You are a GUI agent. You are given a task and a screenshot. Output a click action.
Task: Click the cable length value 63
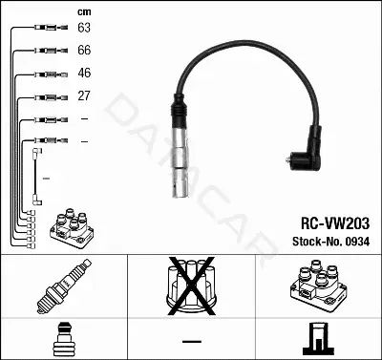coord(84,28)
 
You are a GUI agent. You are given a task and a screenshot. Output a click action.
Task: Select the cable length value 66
coord(84,50)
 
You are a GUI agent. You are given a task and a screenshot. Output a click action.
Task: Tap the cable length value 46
coord(84,73)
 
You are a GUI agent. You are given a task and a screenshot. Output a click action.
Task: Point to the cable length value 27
coord(84,95)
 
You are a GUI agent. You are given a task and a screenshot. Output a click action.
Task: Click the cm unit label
coord(84,12)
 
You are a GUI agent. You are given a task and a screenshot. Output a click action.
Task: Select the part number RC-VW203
coord(335,223)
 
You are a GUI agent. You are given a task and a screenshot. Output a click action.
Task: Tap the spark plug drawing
coord(64,286)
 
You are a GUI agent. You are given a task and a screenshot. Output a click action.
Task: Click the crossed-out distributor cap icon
coord(191,286)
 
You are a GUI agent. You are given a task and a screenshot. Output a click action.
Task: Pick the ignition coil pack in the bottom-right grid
coord(318,286)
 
